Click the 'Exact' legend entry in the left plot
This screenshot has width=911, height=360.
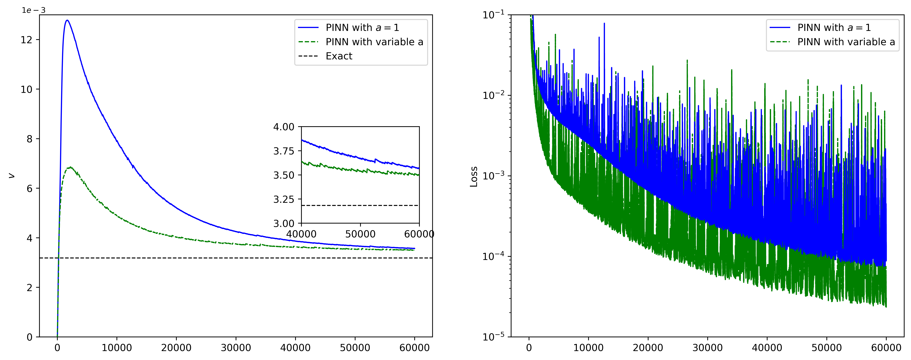(339, 56)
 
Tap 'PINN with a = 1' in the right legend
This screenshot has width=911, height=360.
(834, 28)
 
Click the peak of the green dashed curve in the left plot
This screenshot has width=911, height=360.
(70, 167)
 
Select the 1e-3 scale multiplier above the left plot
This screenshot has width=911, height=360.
(34, 10)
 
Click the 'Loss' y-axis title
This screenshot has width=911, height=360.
(474, 177)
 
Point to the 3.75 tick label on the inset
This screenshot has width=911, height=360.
(284, 151)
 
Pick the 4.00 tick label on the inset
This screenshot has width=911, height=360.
(284, 127)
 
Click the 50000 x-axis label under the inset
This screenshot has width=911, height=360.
(360, 234)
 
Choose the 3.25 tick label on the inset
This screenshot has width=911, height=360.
(284, 199)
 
